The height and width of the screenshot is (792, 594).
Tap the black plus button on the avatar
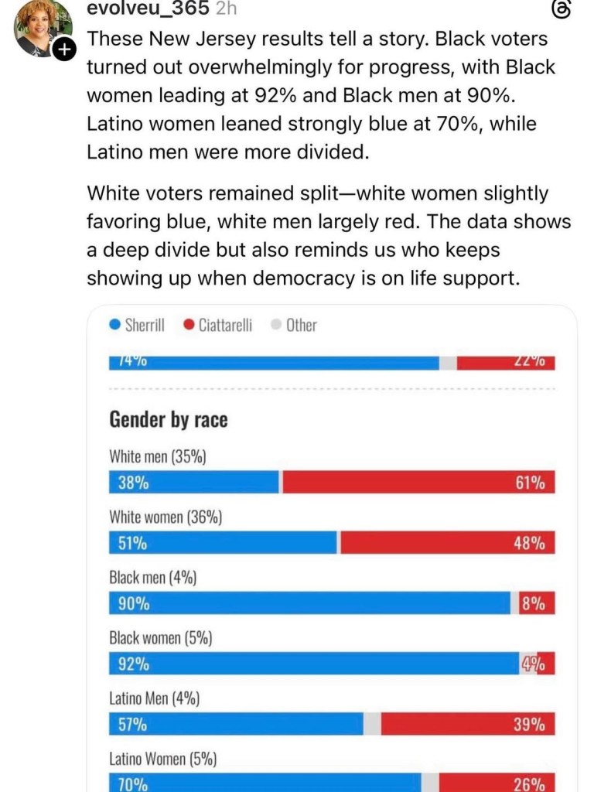(63, 49)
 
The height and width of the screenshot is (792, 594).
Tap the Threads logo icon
(562, 9)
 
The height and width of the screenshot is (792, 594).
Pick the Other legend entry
(294, 326)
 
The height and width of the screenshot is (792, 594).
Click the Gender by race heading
(169, 420)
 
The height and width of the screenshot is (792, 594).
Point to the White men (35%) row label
(158, 456)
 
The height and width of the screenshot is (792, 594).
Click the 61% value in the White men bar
(530, 483)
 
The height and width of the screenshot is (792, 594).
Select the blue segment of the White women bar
(224, 543)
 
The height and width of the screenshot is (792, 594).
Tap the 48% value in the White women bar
(530, 543)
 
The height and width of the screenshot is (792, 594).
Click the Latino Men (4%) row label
(155, 699)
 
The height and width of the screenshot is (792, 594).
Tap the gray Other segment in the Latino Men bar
(372, 725)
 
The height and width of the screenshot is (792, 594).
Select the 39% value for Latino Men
(530, 725)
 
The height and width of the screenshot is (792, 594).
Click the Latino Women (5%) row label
(162, 760)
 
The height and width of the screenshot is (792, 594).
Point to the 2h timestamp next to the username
(224, 9)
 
